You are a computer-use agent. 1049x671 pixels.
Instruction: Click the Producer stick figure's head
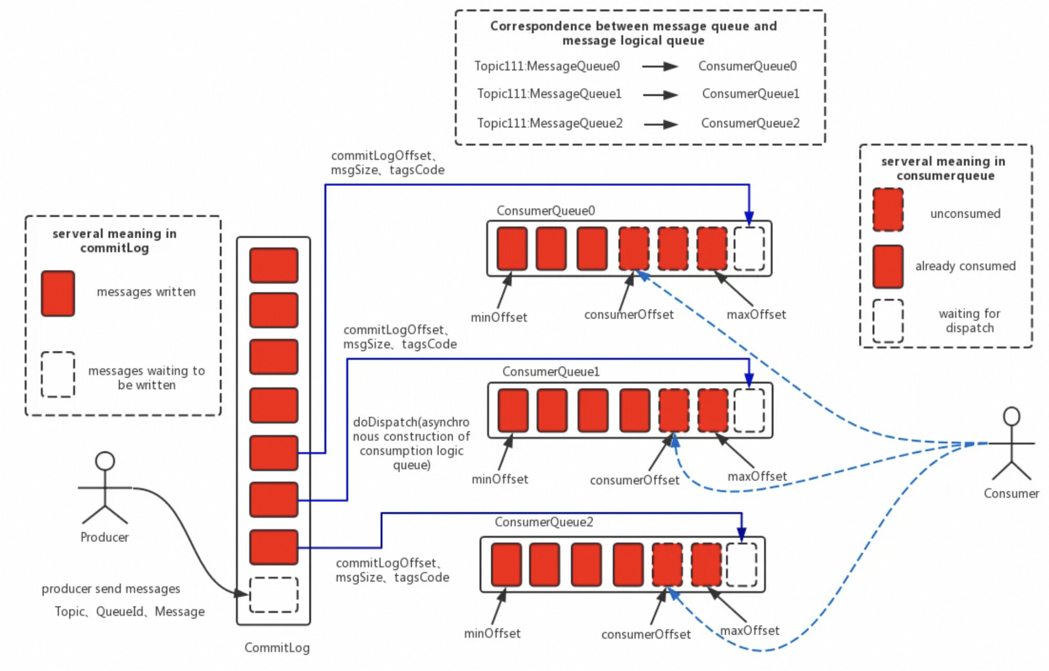(x=105, y=461)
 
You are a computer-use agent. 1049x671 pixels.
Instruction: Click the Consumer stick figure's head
(x=1011, y=416)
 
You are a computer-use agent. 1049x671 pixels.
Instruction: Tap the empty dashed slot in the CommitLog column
(x=274, y=594)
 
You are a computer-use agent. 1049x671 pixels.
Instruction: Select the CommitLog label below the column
(x=277, y=648)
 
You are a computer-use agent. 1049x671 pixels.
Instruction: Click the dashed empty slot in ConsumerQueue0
(x=749, y=249)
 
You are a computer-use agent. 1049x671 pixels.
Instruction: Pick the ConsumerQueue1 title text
(x=551, y=371)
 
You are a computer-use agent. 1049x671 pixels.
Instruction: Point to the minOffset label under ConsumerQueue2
(x=492, y=633)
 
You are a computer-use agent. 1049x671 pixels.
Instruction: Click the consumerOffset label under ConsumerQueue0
(x=629, y=315)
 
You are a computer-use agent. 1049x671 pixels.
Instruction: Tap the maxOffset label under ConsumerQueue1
(x=757, y=476)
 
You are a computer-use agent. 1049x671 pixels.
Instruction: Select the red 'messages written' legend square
(x=58, y=293)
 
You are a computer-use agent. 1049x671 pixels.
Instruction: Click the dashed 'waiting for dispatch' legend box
(x=888, y=321)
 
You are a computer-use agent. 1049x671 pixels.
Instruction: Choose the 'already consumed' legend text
(x=965, y=266)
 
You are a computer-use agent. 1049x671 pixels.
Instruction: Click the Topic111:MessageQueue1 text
(x=549, y=94)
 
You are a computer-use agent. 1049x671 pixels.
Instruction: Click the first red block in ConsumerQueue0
(x=512, y=249)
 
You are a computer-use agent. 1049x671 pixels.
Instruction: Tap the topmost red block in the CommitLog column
(x=274, y=265)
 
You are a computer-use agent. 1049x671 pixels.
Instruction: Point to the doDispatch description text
(x=411, y=443)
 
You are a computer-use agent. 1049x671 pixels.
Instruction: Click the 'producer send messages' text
(x=111, y=588)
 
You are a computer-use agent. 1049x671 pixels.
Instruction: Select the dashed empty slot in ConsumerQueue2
(x=742, y=565)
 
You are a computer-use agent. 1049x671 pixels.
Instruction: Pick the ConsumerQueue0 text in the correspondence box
(x=747, y=66)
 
